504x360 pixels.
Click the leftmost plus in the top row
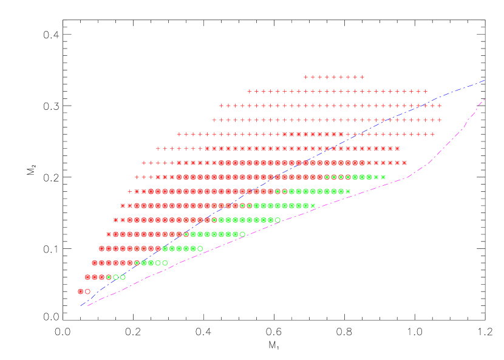[x=305, y=77]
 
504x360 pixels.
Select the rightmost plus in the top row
[x=363, y=77]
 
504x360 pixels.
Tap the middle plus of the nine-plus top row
[x=334, y=77]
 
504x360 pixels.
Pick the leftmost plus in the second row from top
[x=249, y=92]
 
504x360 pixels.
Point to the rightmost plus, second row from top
[x=426, y=92]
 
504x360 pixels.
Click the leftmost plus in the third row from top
[x=221, y=106]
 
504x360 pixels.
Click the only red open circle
[x=87, y=291]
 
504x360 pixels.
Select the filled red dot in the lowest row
[x=80, y=291]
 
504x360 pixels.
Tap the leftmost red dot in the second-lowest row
[x=87, y=277]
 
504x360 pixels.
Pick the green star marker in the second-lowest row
[x=109, y=277]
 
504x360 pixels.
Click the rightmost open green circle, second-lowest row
[x=123, y=277]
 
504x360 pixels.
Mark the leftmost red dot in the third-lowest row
[x=95, y=263]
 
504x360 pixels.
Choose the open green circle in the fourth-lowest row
[x=200, y=248]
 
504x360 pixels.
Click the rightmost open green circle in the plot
[x=278, y=220]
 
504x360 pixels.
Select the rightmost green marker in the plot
[x=383, y=177]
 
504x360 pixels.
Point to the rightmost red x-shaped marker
[x=404, y=163]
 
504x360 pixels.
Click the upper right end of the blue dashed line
[x=485, y=80]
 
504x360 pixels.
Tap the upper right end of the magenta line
[x=485, y=99]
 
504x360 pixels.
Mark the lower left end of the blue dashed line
[x=81, y=305]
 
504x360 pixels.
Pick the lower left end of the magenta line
[x=89, y=305]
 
